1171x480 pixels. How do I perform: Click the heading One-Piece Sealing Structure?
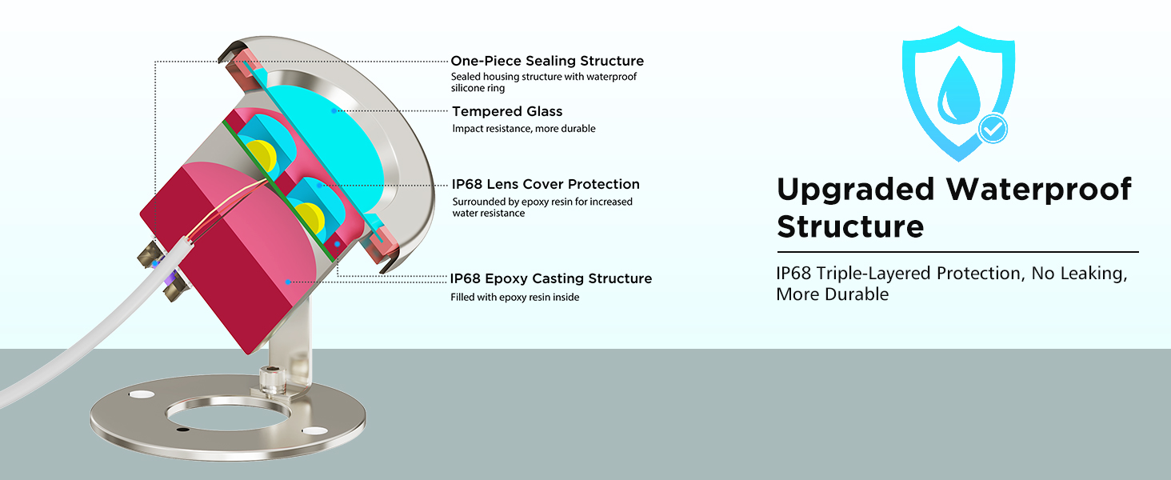pos(547,61)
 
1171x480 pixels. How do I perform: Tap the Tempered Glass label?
pos(507,111)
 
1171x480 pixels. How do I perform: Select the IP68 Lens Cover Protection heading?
pos(546,184)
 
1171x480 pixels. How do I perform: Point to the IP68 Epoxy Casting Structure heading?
pos(551,278)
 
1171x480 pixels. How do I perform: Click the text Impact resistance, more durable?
pos(524,129)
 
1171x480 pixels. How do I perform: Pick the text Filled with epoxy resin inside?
pos(515,297)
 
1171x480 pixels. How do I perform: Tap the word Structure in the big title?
pos(850,227)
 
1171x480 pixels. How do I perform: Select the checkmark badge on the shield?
pos(992,129)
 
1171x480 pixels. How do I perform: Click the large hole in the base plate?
pos(228,415)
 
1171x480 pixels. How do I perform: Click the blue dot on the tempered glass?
pos(334,111)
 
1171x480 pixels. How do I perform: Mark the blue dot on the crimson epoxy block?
pos(287,282)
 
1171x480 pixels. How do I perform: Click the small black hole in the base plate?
pos(182,430)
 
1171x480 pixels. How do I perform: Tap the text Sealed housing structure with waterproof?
pos(544,77)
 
